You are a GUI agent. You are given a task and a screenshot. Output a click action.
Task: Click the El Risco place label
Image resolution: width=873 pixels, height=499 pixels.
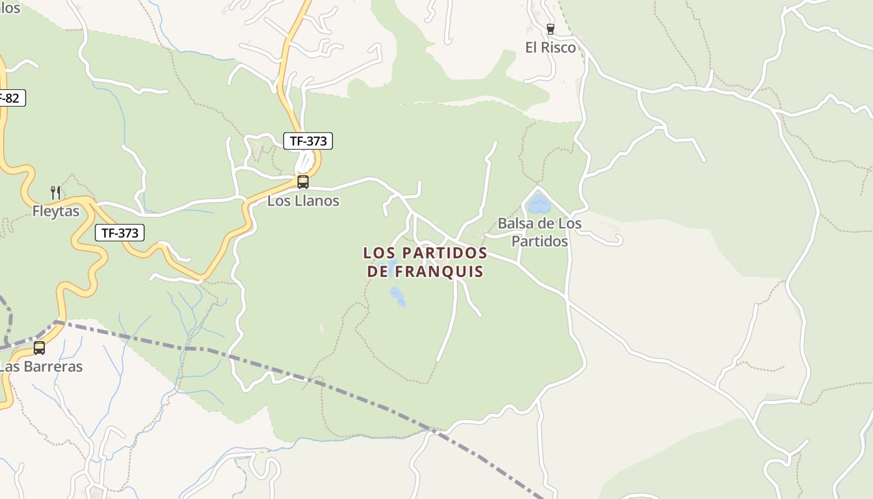tap(550, 47)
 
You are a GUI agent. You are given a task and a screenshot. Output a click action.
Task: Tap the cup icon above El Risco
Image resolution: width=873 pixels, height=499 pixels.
tap(550, 29)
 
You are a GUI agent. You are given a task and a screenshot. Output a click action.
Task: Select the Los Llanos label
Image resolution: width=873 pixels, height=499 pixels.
tap(303, 201)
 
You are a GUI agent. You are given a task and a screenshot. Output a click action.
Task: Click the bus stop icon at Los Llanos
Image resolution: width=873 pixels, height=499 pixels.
tap(303, 182)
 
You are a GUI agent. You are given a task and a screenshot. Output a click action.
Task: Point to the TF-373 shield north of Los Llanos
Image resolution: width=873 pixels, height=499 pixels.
tap(308, 141)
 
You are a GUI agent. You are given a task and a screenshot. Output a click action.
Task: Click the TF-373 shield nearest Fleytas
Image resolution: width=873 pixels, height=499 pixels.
tap(120, 233)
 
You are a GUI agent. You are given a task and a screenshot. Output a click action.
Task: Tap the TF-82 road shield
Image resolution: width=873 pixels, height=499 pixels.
tap(9, 98)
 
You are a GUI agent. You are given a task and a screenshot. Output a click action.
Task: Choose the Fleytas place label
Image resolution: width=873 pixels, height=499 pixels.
tap(56, 211)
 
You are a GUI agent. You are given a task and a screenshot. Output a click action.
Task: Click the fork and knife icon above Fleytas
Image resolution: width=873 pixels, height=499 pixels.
tap(55, 192)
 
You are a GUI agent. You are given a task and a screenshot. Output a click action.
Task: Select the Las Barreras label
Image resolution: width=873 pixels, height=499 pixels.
tap(41, 367)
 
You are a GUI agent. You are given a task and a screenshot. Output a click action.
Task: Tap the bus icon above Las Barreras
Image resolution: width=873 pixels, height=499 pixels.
tap(39, 348)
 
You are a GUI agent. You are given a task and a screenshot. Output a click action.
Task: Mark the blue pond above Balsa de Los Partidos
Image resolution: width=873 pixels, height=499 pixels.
tap(539, 204)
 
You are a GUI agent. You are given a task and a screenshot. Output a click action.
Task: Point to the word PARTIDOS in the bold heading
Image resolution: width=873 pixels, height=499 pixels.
tap(445, 253)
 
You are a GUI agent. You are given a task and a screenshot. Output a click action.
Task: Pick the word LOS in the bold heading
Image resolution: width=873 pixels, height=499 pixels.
tap(380, 253)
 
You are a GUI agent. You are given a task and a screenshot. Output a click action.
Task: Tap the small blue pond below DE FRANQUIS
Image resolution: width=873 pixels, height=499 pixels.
tap(397, 296)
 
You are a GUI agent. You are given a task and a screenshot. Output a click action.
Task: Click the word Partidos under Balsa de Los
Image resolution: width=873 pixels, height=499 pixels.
tap(539, 241)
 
